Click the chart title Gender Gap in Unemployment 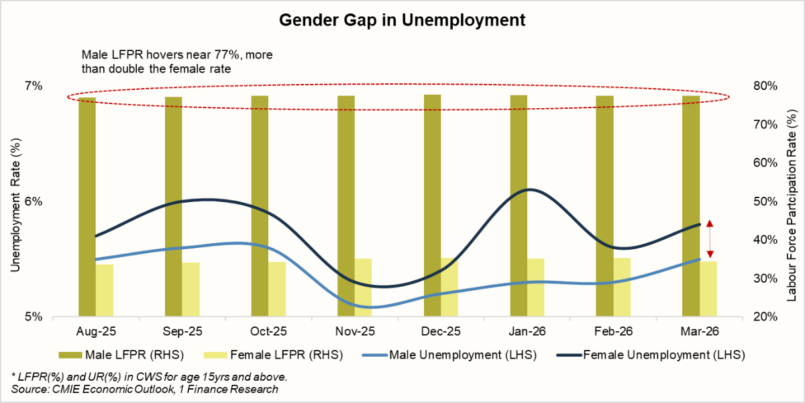click(x=402, y=21)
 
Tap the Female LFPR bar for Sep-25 click(x=191, y=289)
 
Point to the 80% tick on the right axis click(x=765, y=86)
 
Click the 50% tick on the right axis click(x=765, y=201)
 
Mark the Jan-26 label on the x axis click(x=527, y=332)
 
